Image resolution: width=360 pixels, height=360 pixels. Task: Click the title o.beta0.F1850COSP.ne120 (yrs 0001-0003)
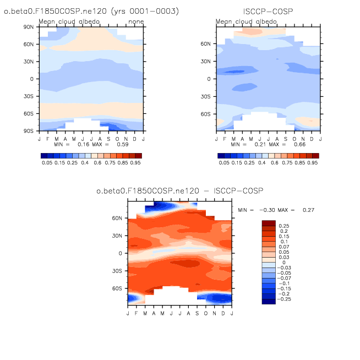coord(91,11)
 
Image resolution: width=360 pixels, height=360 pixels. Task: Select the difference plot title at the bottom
coord(180,190)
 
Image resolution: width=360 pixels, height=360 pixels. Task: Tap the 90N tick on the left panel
coord(29,26)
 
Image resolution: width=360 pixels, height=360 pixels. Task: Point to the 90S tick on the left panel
coord(29,131)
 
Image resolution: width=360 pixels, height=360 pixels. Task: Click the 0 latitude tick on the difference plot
coord(122,253)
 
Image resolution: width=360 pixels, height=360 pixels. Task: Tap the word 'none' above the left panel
coord(135,22)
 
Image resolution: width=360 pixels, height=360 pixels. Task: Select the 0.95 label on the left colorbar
coord(135,163)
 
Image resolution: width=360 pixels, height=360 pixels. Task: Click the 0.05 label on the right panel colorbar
coord(224,163)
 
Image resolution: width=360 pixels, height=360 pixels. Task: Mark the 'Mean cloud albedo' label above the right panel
coord(247,22)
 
